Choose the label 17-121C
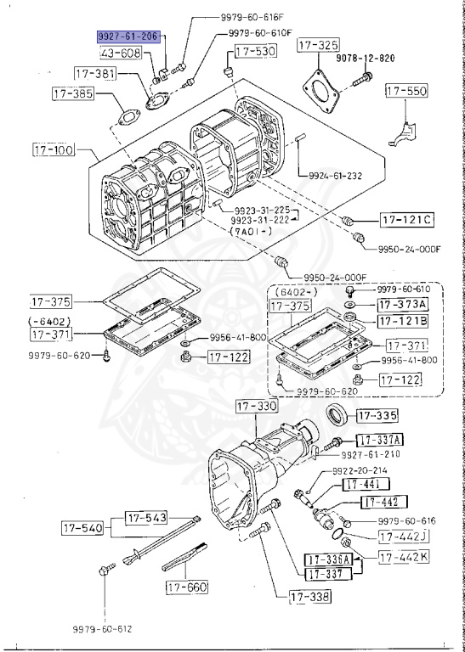[x=406, y=221]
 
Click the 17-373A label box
[x=403, y=305]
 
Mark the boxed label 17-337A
[x=379, y=440]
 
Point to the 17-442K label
[x=404, y=558]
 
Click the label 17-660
[x=186, y=587]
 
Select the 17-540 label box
[x=82, y=528]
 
